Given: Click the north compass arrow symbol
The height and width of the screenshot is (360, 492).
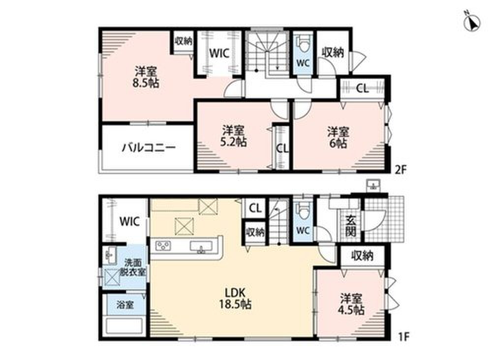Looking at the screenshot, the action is [471, 21].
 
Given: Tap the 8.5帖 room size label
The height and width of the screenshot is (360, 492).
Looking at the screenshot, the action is [145, 83].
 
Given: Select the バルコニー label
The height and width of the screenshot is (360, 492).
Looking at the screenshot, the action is [149, 148].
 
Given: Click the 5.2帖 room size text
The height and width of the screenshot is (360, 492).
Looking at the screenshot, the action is [233, 142].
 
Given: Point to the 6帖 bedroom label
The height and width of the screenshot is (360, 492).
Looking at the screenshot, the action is [338, 138].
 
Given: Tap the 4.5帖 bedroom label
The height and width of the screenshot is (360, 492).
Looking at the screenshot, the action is [351, 304].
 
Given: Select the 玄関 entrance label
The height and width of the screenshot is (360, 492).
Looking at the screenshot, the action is [351, 226].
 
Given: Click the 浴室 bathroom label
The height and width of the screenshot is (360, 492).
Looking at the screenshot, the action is [125, 304].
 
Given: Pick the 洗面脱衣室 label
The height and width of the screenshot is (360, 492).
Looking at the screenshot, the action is [133, 267].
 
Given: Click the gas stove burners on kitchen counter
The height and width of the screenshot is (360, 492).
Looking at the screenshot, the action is [163, 245].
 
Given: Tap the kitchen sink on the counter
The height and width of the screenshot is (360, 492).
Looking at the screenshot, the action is [201, 246].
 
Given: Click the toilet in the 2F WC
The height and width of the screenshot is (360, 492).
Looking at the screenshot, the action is [303, 45].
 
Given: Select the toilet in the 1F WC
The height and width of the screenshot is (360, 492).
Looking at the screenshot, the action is [303, 211].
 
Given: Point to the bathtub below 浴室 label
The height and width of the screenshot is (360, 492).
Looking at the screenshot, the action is [124, 326].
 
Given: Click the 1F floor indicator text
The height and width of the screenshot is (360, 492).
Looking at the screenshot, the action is [403, 336].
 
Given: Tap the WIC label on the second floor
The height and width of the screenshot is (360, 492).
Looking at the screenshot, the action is [219, 53].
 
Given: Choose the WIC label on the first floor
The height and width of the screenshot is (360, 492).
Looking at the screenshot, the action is [129, 221].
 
